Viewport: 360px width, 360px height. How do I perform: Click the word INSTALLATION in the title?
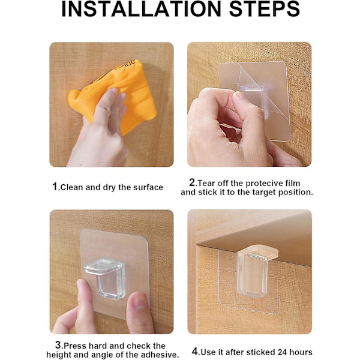(x=141, y=9)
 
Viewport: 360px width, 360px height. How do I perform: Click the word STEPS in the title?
(x=264, y=9)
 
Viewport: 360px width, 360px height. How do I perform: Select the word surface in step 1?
(x=148, y=187)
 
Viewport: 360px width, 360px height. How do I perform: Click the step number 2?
(x=192, y=182)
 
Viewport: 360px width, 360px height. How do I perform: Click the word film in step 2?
(x=293, y=183)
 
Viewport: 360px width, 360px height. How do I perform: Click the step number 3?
(x=58, y=345)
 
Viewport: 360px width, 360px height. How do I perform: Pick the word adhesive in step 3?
(x=160, y=355)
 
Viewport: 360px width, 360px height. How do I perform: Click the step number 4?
(x=195, y=351)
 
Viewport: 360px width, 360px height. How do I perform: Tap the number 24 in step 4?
(x=283, y=352)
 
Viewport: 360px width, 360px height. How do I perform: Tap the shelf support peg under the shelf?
(x=256, y=271)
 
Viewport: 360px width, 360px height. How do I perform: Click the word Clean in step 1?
(x=71, y=187)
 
